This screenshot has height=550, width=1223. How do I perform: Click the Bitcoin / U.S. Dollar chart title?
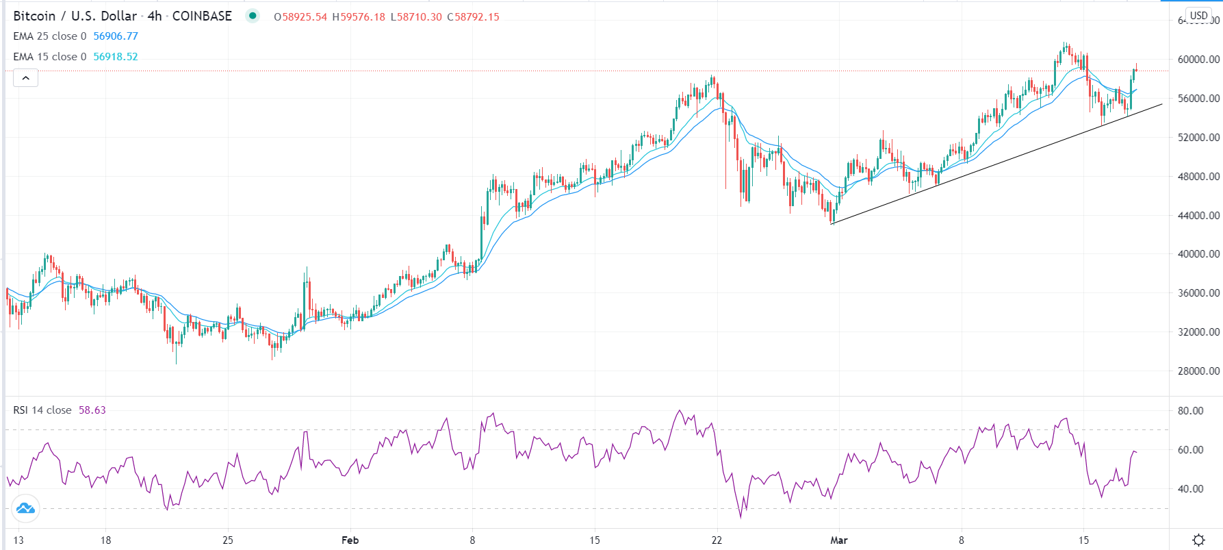75,16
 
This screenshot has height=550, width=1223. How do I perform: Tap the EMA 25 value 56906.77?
116,36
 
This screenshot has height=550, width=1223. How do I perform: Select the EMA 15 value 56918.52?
116,57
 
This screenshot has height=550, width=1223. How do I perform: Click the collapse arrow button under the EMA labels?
25,78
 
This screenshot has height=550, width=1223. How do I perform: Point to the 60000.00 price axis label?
1198,60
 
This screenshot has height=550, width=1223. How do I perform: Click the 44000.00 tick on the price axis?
1198,215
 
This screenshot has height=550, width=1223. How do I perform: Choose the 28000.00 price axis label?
1198,371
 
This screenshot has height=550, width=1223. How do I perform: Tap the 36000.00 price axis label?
1198,293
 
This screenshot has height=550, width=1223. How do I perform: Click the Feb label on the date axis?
350,540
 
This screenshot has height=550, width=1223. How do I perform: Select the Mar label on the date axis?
838,540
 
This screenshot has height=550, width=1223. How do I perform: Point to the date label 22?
717,540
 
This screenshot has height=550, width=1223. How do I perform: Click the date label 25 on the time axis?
228,540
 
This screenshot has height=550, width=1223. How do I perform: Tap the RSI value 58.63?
92,410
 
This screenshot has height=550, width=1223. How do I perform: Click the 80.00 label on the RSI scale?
1190,411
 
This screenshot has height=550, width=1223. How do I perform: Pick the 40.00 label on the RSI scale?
1190,489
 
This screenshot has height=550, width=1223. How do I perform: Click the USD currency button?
1198,15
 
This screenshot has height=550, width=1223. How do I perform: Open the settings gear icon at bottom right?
1198,540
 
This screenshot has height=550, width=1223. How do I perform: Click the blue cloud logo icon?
25,508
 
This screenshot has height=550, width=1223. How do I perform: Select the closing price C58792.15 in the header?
474,17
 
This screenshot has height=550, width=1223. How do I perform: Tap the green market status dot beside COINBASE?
253,16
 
